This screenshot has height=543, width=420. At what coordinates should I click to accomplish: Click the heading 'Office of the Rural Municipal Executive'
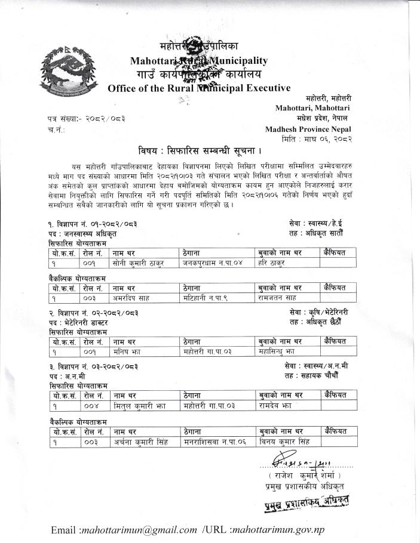(x=199, y=88)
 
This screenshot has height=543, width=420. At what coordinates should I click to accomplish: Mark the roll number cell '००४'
(x=90, y=406)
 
